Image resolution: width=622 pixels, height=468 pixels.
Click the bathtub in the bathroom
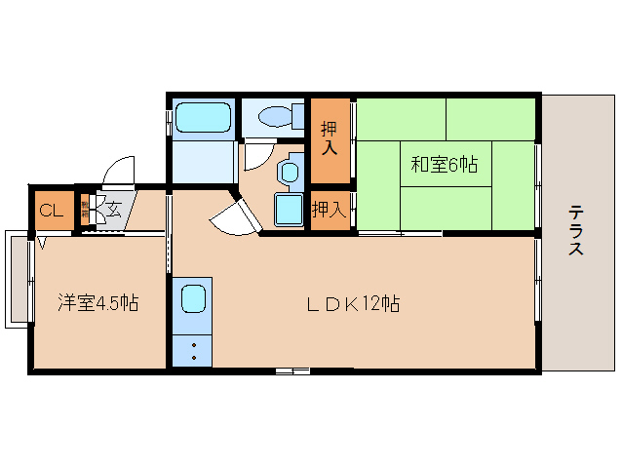coord(203,118)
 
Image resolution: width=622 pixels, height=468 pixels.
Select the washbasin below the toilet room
coord(291,172)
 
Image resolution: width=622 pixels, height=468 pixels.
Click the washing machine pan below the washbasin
coord(290,208)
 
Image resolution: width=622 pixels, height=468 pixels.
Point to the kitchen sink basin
coord(192,298)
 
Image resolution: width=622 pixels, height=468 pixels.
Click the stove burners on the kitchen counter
coord(192,351)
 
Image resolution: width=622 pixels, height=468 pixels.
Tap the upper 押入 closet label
coord(330,139)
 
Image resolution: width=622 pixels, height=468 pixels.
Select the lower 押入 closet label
coord(329,208)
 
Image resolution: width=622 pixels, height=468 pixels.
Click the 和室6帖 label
coord(444,165)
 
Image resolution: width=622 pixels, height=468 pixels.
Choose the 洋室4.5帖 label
coord(97,303)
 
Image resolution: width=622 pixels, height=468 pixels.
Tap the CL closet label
coord(51,210)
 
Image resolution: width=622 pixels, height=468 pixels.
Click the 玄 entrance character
coord(114,208)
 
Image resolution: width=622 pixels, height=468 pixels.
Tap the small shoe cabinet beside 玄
coord(85,210)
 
